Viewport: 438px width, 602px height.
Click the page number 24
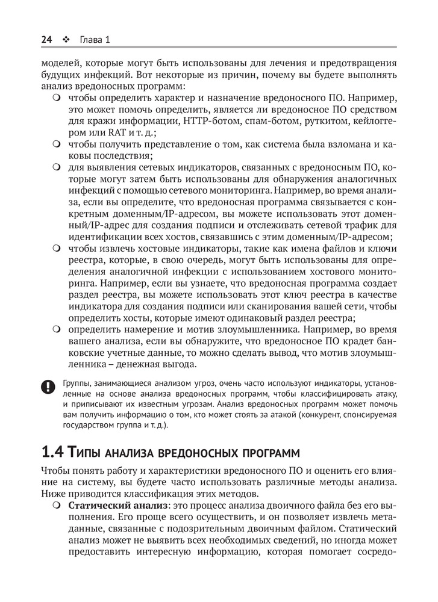pos(46,40)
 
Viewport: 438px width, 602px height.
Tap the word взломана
pos(351,146)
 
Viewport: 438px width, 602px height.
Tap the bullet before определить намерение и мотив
pos(57,330)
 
